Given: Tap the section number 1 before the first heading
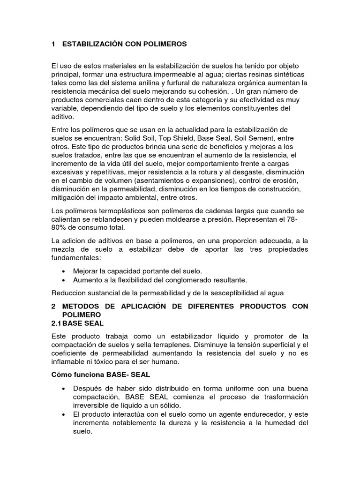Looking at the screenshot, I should pos(53,44).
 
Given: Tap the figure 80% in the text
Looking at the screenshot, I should pos(60,228).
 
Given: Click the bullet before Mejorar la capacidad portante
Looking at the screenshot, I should pos(63,271).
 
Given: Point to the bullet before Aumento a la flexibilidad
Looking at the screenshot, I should pos(63,280).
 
